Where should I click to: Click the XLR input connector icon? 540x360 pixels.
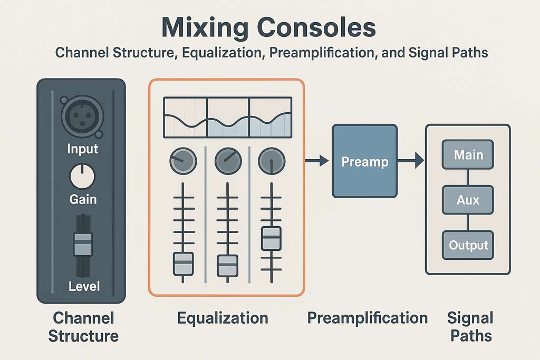(82, 116)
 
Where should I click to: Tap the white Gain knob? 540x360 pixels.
(82, 177)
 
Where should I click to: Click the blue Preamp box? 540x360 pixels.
(364, 161)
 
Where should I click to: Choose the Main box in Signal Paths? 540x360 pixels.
(468, 155)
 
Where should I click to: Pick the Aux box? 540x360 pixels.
(468, 200)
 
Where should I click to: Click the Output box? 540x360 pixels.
(468, 245)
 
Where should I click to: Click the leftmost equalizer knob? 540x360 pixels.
(183, 161)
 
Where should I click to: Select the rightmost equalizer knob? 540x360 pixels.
(272, 161)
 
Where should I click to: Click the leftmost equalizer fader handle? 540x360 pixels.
(184, 264)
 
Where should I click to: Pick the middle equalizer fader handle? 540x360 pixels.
(228, 265)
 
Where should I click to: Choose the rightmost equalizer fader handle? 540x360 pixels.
(272, 238)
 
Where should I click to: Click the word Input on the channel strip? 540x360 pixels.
(82, 149)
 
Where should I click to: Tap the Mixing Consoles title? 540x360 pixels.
(269, 27)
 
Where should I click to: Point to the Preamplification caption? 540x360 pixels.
(367, 318)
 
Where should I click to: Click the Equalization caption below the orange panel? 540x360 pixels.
(223, 318)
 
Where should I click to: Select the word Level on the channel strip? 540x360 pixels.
(83, 287)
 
